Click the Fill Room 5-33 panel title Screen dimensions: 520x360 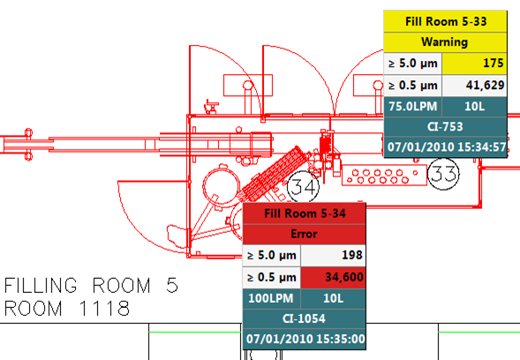pyautogui.click(x=445, y=21)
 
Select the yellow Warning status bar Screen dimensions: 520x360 pyautogui.click(x=445, y=42)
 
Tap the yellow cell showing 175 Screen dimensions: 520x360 pyautogui.click(x=475, y=63)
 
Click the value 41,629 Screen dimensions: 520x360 pyautogui.click(x=475, y=86)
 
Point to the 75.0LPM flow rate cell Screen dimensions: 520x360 pyautogui.click(x=413, y=107)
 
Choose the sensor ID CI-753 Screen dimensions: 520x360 pyautogui.click(x=445, y=127)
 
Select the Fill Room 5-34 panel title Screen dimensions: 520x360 pyautogui.click(x=305, y=214)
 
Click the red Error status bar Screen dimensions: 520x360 pyautogui.click(x=305, y=234)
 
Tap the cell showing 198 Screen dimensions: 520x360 pyautogui.click(x=334, y=255)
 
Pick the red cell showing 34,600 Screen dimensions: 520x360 pyautogui.click(x=334, y=277)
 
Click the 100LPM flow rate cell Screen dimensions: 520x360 pyautogui.click(x=272, y=298)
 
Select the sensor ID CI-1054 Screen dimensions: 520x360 pyautogui.click(x=305, y=319)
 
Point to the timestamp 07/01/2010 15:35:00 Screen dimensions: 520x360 pyautogui.click(x=305, y=339)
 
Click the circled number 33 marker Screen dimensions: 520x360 pyautogui.click(x=443, y=174)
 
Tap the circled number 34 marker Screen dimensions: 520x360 pyautogui.click(x=303, y=187)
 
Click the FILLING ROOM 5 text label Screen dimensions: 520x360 pyautogui.click(x=91, y=285)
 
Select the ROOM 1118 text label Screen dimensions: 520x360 pyautogui.click(x=67, y=308)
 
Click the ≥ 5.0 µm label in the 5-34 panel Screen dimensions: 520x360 pyautogui.click(x=272, y=255)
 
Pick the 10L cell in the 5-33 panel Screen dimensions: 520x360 pyautogui.click(x=475, y=107)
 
